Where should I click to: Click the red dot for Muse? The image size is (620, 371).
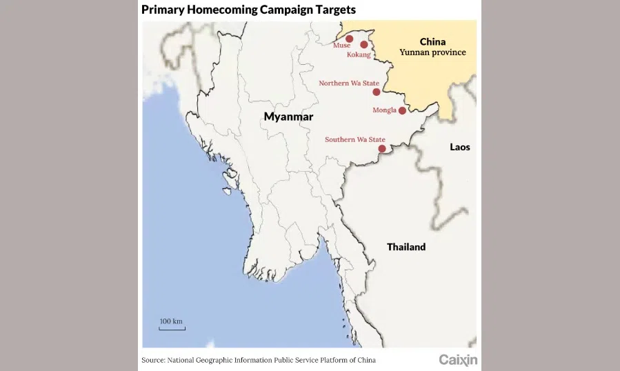(x=350, y=39)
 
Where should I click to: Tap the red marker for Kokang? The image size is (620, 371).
(x=364, y=45)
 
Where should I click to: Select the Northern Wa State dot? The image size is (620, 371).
(x=376, y=92)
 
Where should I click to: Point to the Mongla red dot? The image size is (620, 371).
(x=402, y=110)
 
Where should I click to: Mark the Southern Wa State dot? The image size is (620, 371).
(x=381, y=148)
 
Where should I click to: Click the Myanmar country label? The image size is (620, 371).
(x=288, y=117)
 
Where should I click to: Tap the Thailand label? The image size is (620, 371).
(x=406, y=247)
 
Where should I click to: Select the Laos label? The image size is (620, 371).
(x=459, y=147)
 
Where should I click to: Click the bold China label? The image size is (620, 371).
(x=432, y=41)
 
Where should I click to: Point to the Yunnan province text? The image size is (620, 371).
(x=433, y=52)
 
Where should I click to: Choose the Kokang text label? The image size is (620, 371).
(x=359, y=54)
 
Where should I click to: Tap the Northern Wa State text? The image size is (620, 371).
(x=348, y=83)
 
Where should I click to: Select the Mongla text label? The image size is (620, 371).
(x=384, y=110)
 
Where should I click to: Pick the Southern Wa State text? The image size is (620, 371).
(x=354, y=140)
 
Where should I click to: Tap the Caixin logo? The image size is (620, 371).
(x=458, y=359)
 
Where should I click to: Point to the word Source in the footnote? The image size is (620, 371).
(x=153, y=360)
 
